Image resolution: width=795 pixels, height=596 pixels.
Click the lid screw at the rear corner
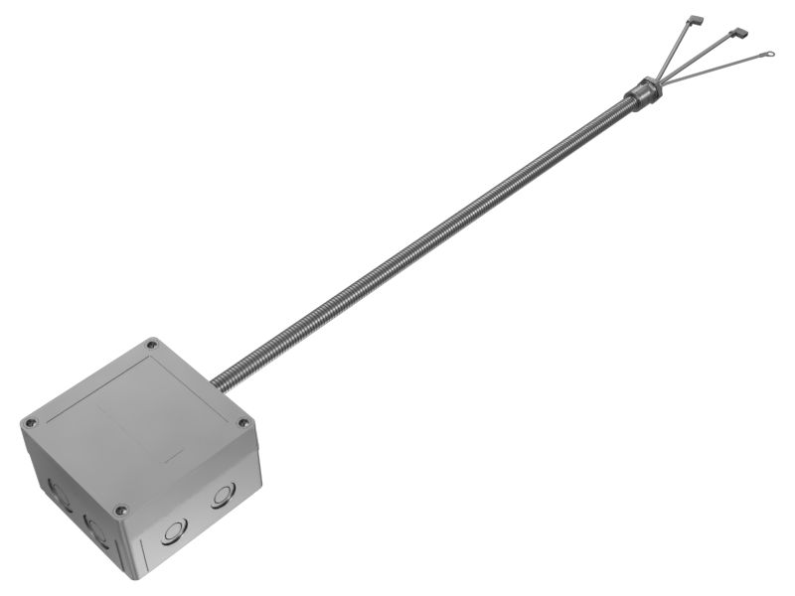(152, 345)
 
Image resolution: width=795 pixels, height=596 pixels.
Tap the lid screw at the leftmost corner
(30, 421)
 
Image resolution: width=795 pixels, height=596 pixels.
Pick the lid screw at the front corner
(121, 510)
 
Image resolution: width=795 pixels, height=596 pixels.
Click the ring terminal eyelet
(767, 56)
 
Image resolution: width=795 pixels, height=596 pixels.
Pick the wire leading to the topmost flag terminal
(676, 50)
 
